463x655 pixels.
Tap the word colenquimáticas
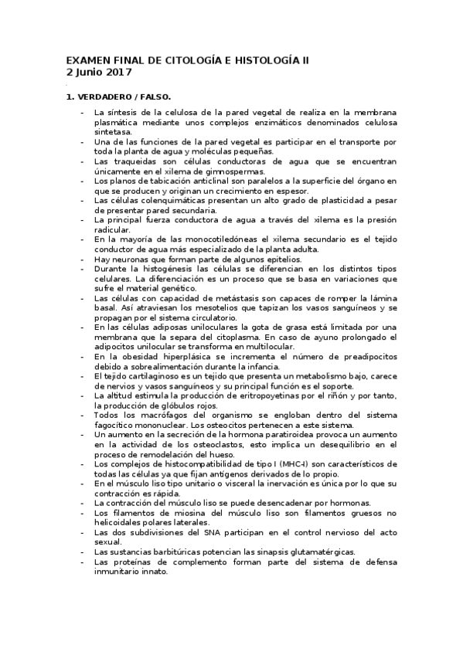(162, 200)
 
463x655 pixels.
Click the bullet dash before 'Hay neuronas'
(83, 260)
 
